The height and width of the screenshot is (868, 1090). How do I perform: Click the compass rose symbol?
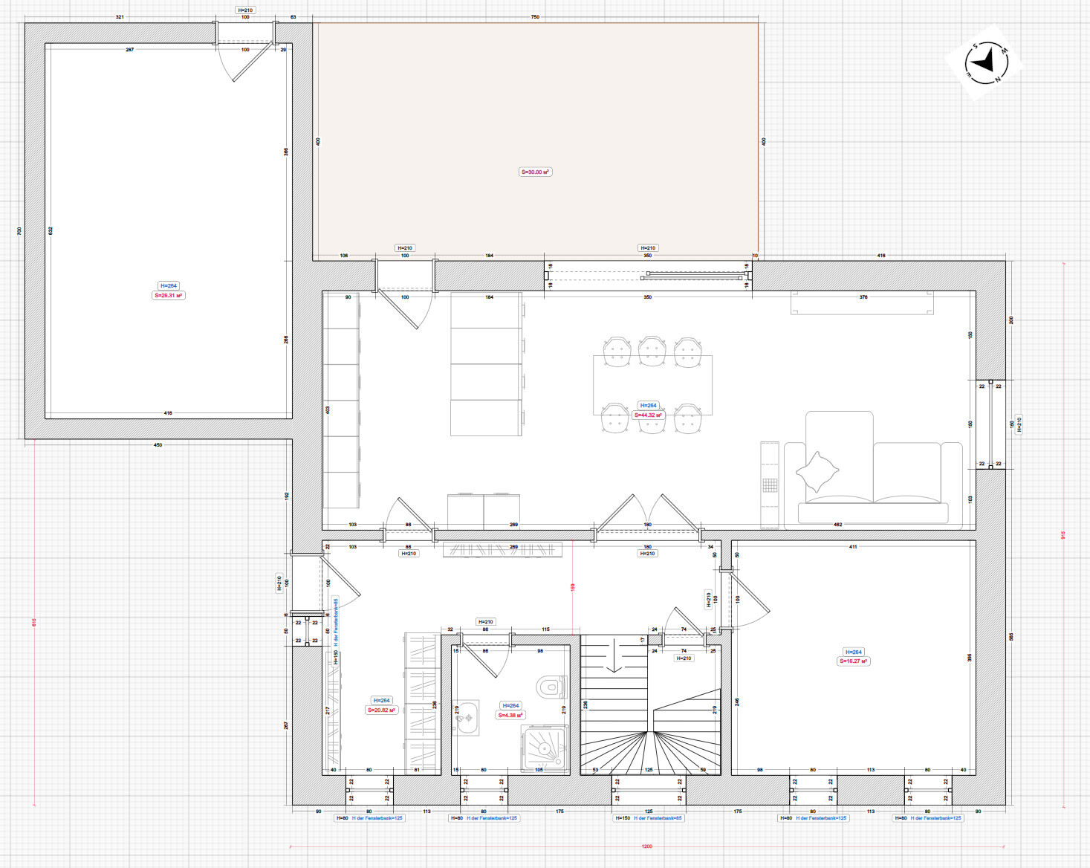pyautogui.click(x=984, y=62)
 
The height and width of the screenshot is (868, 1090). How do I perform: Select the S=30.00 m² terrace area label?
pyautogui.click(x=535, y=172)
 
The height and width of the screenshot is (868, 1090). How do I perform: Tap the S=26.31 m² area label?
pyautogui.click(x=169, y=295)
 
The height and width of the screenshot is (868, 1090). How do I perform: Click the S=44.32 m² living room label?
pyautogui.click(x=648, y=415)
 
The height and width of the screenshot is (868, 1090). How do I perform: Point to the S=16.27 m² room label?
pyautogui.click(x=854, y=661)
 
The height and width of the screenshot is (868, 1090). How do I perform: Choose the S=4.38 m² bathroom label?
pyautogui.click(x=510, y=715)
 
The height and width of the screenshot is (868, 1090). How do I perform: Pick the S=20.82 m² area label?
pyautogui.click(x=381, y=710)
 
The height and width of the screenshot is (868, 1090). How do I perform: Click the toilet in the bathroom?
pyautogui.click(x=551, y=686)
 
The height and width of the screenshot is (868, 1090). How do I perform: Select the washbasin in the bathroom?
pyautogui.click(x=467, y=718)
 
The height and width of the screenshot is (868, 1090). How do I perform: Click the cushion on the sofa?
pyautogui.click(x=817, y=471)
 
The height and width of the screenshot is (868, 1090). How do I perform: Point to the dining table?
pyautogui.click(x=652, y=385)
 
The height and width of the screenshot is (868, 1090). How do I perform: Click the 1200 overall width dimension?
pyautogui.click(x=647, y=846)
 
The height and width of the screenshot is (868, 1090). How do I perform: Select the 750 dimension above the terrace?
pyautogui.click(x=535, y=16)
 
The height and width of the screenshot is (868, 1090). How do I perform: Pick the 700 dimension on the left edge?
pyautogui.click(x=19, y=231)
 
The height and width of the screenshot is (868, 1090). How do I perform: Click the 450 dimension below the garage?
pyautogui.click(x=158, y=444)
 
